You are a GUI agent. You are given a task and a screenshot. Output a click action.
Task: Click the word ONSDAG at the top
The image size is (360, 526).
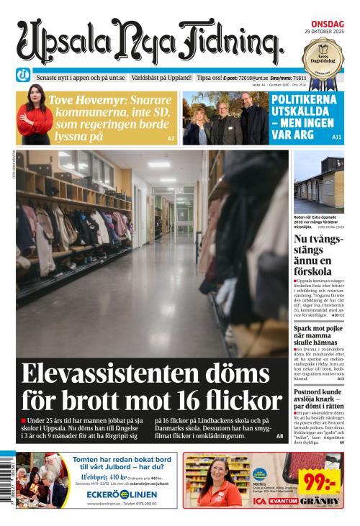(x=327, y=24)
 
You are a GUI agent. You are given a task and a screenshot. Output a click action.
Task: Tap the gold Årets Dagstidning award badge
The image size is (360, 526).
(x=320, y=57)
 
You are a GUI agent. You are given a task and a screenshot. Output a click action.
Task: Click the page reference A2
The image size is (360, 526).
(x=171, y=137)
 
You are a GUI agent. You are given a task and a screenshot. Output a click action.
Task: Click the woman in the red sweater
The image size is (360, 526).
(x=35, y=114)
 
